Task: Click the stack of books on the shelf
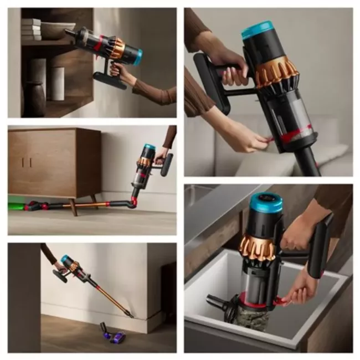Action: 31,29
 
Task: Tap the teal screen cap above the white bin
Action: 266,203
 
